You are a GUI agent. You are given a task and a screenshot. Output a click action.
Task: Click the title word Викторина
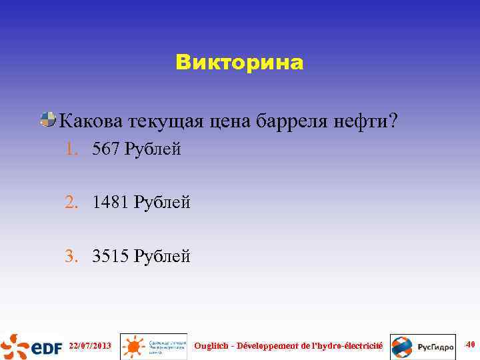click(x=239, y=63)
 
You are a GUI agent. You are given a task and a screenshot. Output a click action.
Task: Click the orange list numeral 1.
click(x=71, y=149)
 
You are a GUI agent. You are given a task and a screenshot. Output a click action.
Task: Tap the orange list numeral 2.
click(x=71, y=201)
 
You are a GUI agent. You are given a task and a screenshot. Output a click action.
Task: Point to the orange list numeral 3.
click(x=71, y=255)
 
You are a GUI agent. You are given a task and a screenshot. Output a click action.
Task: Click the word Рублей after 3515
click(x=162, y=255)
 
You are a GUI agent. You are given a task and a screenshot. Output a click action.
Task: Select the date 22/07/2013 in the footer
click(x=90, y=345)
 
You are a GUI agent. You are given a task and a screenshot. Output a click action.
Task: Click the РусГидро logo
click(x=423, y=346)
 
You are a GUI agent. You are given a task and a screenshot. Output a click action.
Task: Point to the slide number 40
click(x=470, y=344)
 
